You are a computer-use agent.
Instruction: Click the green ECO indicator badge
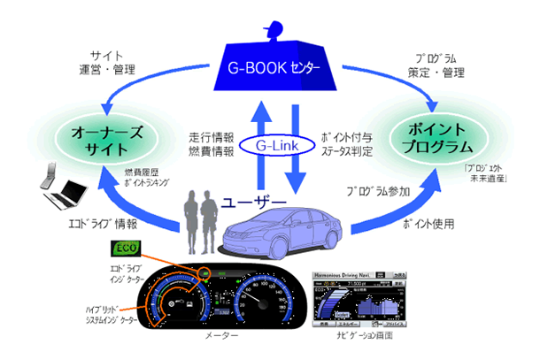122,250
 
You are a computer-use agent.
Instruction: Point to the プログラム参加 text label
376,191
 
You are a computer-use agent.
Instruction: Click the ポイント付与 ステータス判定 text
349,144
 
